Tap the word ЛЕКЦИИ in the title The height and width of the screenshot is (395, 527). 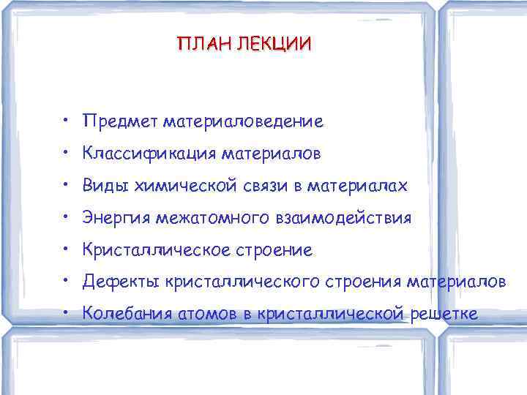coord(272,44)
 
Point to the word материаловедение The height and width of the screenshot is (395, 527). coord(243,120)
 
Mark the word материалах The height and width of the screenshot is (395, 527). coord(359,186)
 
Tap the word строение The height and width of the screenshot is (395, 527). coord(272,250)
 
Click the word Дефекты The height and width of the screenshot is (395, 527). coord(121,282)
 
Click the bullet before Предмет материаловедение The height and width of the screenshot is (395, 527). coord(66,119)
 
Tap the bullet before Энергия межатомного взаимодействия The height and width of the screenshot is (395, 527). coord(66,217)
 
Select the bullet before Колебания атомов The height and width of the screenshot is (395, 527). coord(66,314)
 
